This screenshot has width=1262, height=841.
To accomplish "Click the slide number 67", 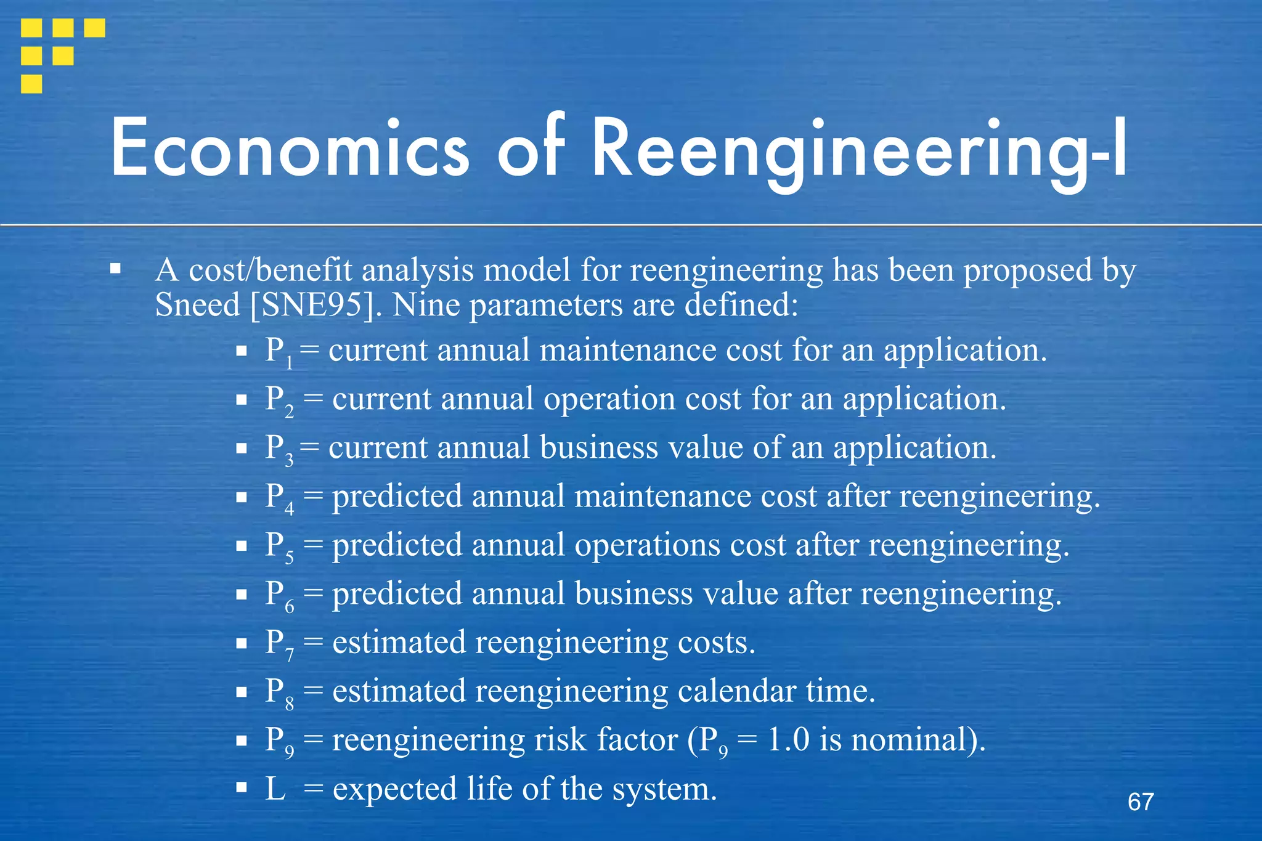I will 1141,802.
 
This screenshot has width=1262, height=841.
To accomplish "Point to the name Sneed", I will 197,305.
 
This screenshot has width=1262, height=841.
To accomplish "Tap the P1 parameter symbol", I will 279,352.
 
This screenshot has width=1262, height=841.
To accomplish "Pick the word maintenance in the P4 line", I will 662,497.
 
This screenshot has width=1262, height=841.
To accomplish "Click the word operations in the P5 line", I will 646,546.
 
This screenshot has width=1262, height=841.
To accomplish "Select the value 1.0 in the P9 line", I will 788,740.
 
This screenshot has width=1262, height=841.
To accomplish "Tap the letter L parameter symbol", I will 275,789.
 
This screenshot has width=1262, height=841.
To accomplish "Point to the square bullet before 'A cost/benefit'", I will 115,269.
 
